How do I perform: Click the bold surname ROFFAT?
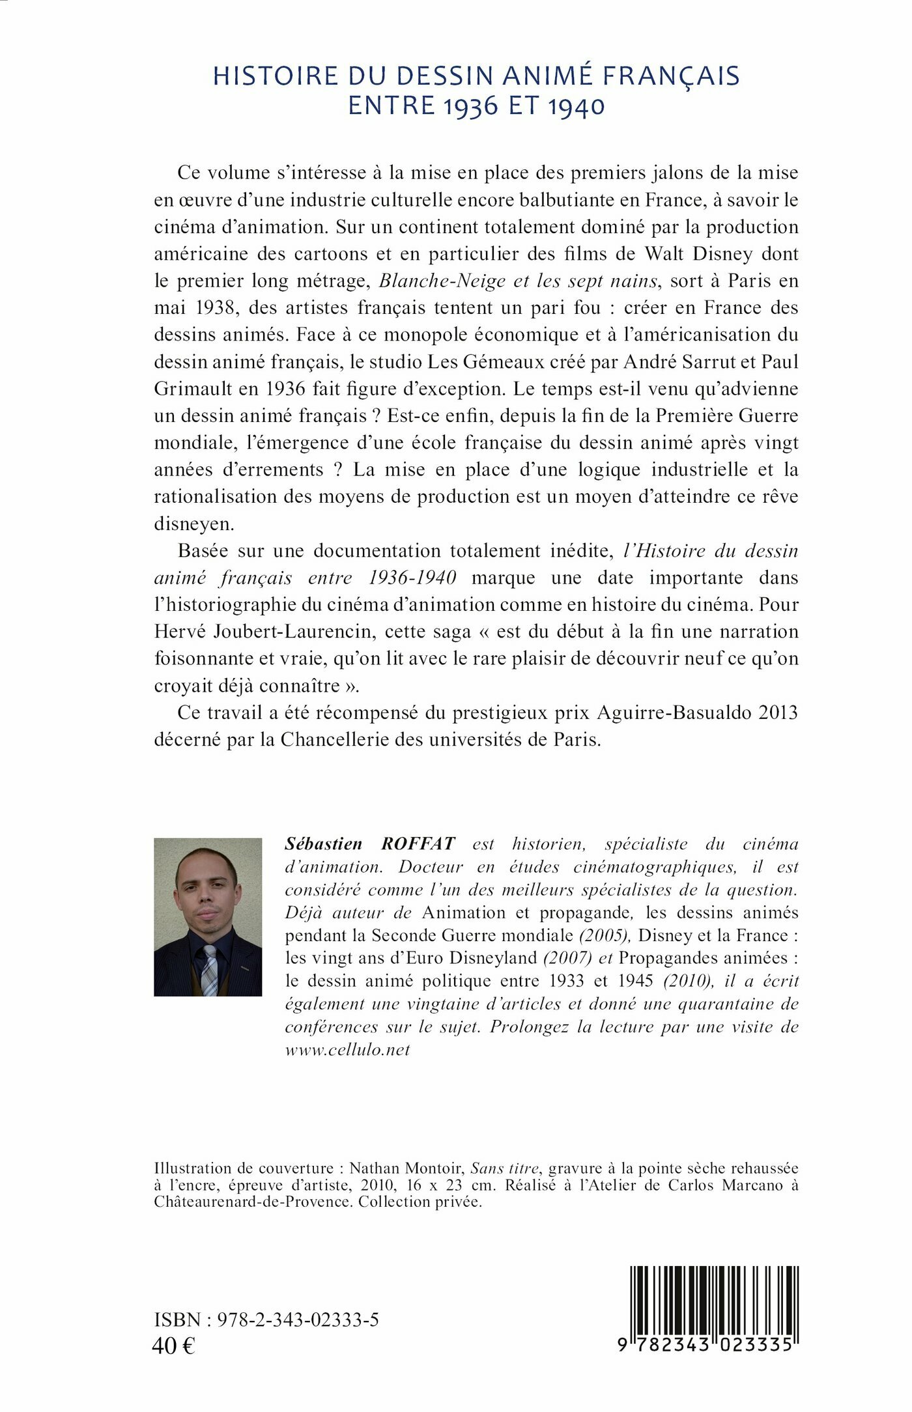coord(418,844)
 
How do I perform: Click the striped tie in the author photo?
coord(209,970)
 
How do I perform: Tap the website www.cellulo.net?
coord(347,1049)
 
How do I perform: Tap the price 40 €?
coord(173,1346)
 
